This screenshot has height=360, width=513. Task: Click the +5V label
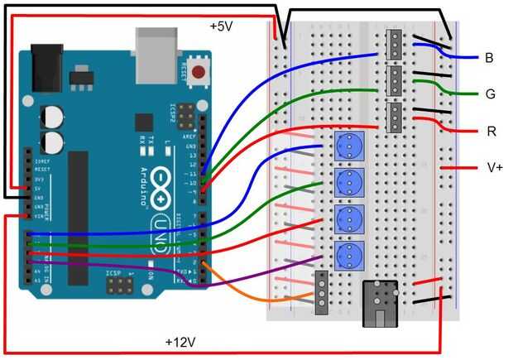point(222,26)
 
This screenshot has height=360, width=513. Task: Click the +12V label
point(180,341)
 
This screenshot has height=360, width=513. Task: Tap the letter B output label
point(489,58)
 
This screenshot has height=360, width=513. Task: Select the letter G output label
point(490,94)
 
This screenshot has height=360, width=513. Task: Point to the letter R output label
point(491,131)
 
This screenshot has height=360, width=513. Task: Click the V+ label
point(494,167)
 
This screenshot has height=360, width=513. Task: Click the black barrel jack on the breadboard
point(381,302)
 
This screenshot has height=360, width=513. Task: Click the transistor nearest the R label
point(396,118)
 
